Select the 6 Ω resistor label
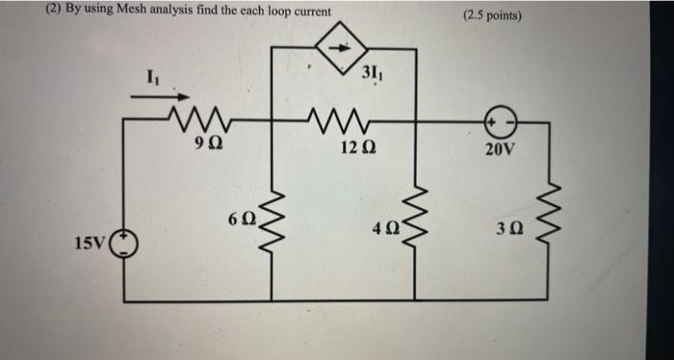242,218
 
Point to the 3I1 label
373,73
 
